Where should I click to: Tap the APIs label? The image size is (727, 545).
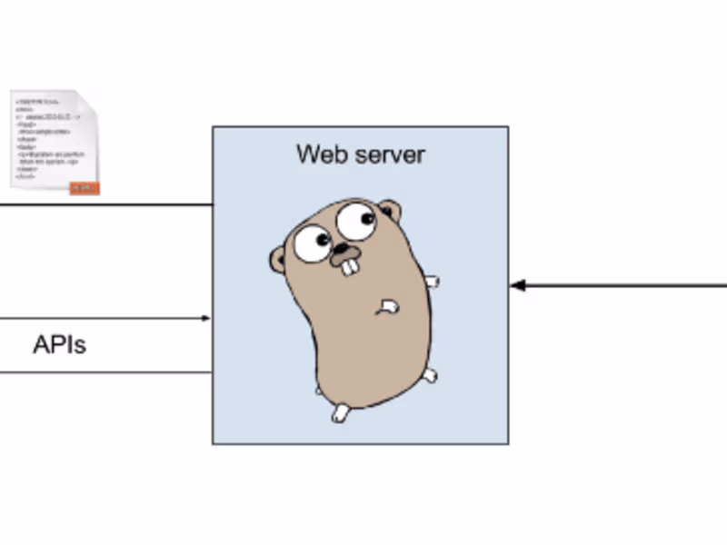[59, 345]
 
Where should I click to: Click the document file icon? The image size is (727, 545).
[55, 141]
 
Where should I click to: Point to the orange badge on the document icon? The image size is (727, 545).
[85, 187]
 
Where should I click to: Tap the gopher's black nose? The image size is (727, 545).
[343, 248]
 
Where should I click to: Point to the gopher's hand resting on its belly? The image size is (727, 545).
[389, 307]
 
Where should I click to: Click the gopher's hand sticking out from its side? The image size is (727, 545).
[432, 282]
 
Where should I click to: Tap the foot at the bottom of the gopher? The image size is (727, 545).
[341, 412]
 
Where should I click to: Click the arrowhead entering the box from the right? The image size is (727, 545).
[517, 285]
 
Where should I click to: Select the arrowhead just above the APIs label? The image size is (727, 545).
[206, 318]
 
